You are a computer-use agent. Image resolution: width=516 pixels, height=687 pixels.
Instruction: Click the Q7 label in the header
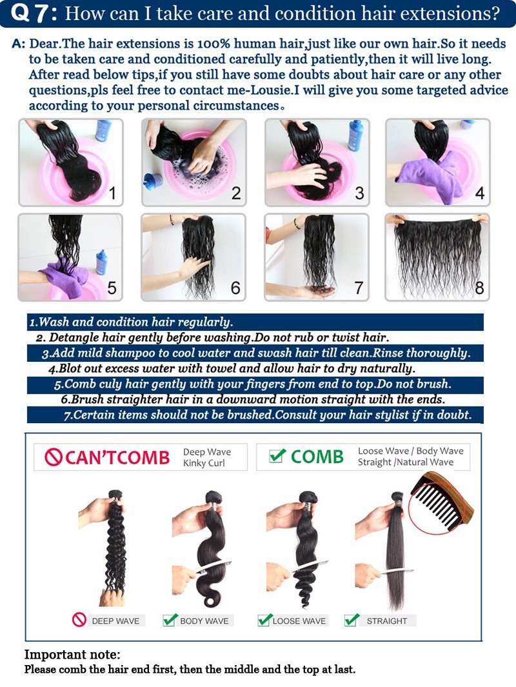pyautogui.click(x=34, y=13)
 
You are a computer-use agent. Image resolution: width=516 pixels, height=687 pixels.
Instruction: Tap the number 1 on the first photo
pyautogui.click(x=113, y=193)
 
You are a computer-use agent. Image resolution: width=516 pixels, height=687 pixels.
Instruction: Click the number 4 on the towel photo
pyautogui.click(x=480, y=194)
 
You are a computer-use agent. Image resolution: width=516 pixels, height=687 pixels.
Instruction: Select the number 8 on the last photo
pyautogui.click(x=480, y=288)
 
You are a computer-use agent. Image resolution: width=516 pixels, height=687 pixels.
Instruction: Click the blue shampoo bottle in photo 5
pyautogui.click(x=101, y=261)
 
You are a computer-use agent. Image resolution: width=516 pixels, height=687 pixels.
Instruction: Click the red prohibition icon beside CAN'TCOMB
pyautogui.click(x=52, y=457)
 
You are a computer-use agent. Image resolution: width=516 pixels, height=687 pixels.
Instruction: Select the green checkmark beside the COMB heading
pyautogui.click(x=278, y=455)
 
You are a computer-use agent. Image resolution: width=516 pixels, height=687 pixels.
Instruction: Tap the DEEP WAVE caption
pyautogui.click(x=115, y=621)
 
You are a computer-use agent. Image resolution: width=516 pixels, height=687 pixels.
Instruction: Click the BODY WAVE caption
pyautogui.click(x=204, y=621)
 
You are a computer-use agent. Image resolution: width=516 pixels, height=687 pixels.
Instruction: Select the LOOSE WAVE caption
pyautogui.click(x=299, y=621)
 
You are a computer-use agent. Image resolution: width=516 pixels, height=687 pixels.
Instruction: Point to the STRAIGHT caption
pyautogui.click(x=387, y=621)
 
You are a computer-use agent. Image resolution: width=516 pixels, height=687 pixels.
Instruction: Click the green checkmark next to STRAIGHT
pyautogui.click(x=352, y=619)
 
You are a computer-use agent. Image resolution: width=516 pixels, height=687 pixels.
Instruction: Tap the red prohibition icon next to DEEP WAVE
pyautogui.click(x=79, y=620)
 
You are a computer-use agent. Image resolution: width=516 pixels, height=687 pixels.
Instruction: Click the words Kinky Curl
pyautogui.click(x=204, y=463)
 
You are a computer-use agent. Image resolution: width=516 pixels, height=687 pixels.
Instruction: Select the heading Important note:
pyautogui.click(x=72, y=655)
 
